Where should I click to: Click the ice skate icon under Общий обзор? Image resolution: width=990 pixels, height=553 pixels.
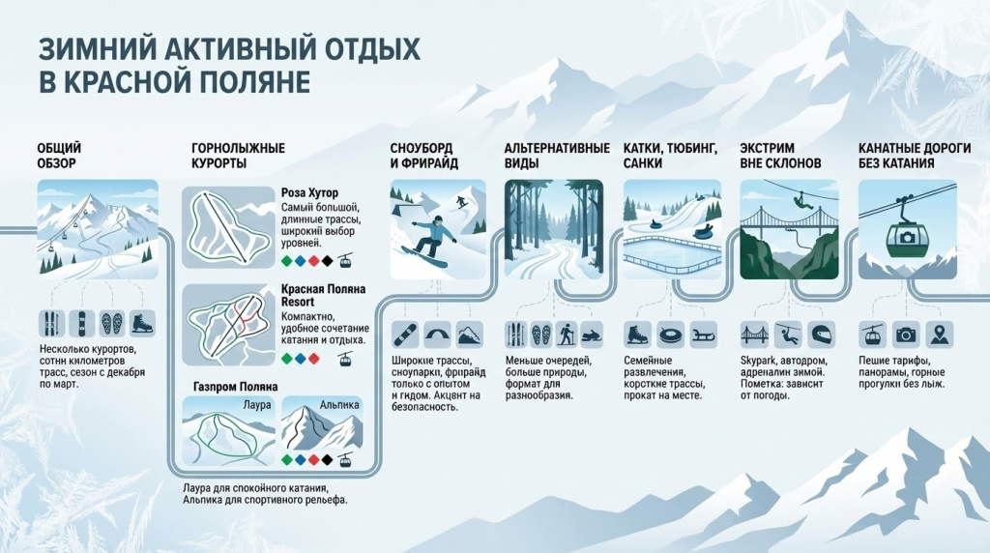click(142, 323)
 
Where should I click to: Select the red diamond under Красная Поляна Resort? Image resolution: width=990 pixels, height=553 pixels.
click(313, 359)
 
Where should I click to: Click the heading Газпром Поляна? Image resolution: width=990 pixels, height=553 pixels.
click(236, 387)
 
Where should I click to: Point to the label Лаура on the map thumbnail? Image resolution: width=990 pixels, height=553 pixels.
click(258, 404)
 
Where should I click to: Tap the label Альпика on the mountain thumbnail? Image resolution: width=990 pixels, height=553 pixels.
click(339, 404)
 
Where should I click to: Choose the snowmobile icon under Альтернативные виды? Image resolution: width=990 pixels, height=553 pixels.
click(590, 335)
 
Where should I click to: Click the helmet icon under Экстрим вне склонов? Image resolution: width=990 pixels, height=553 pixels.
click(820, 335)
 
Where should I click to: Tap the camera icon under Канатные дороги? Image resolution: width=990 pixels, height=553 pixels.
click(905, 335)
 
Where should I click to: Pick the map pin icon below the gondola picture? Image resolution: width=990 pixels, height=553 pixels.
click(937, 335)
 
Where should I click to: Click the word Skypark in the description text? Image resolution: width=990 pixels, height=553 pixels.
click(759, 360)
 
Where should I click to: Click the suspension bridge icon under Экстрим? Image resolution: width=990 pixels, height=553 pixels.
click(752, 335)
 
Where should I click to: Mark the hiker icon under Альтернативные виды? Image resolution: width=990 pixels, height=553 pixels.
click(566, 335)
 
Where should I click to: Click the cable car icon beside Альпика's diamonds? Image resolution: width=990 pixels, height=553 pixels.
click(345, 460)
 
